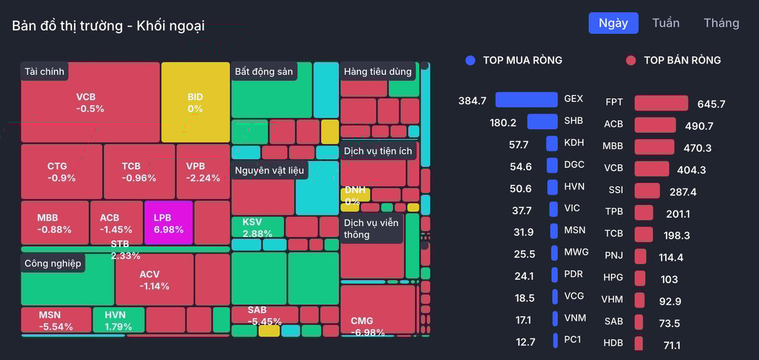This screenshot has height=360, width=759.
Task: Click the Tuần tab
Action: [x=665, y=23]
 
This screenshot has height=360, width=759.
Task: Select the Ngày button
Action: [x=613, y=23]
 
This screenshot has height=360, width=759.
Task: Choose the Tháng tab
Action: [x=721, y=23]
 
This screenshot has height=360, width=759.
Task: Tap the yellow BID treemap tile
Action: [x=195, y=102]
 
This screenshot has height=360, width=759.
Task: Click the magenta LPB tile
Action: [x=168, y=222]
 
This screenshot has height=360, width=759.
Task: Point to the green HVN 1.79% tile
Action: [x=118, y=320]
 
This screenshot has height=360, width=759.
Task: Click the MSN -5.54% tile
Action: [x=56, y=320]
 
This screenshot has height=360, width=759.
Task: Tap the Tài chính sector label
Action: [x=44, y=72]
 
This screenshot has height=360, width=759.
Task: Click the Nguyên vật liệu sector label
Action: [x=269, y=171]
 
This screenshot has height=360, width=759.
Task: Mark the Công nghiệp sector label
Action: [x=53, y=263]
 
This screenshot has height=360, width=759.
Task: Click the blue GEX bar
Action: [x=526, y=100]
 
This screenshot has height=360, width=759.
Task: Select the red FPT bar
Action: [x=661, y=103]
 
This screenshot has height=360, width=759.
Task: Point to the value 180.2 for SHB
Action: [x=503, y=123]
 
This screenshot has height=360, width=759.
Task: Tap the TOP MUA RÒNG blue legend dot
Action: [x=470, y=60]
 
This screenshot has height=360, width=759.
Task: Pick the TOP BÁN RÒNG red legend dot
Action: [x=631, y=60]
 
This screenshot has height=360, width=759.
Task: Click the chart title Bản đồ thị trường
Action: [x=108, y=26]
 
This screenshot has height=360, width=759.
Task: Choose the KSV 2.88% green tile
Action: [x=257, y=227]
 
